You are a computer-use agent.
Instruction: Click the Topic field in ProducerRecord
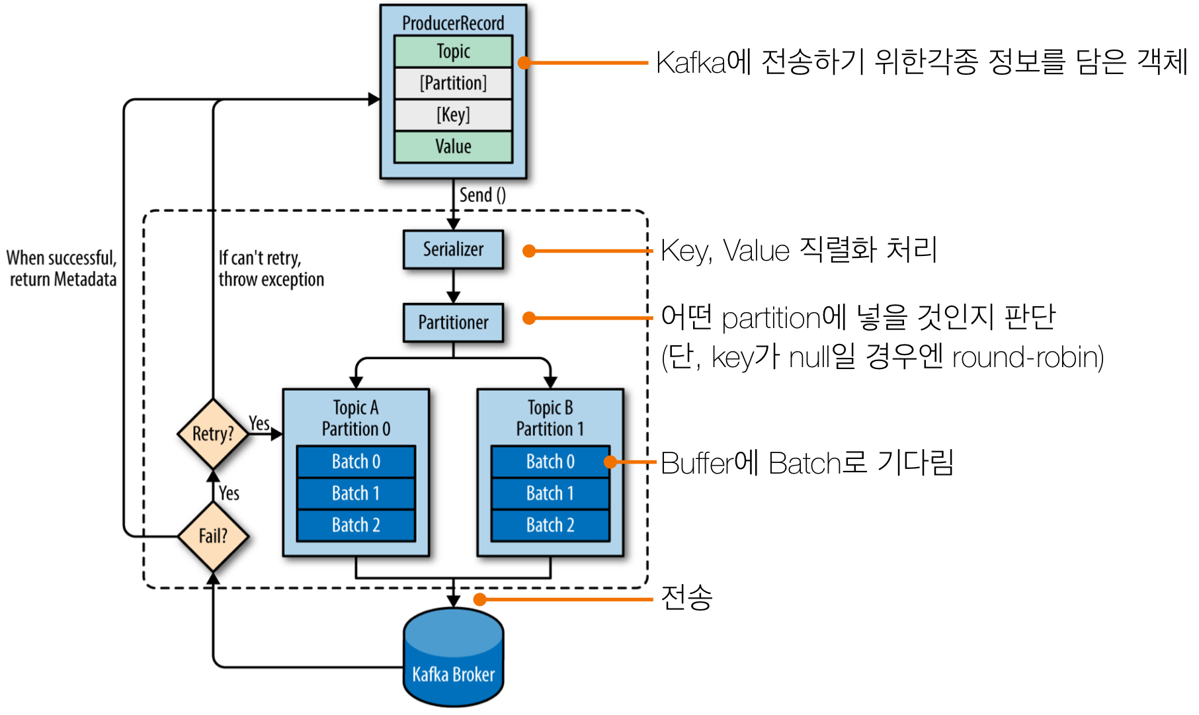tap(453, 52)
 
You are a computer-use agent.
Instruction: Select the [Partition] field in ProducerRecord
tap(453, 83)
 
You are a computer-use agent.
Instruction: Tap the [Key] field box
tap(453, 115)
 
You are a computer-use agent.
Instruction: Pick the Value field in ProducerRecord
tap(453, 147)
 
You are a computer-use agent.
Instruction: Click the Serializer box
tap(453, 249)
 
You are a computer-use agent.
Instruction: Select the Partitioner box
tap(453, 323)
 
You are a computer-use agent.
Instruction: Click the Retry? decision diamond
tap(213, 434)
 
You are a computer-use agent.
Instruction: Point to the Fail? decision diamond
tap(213, 536)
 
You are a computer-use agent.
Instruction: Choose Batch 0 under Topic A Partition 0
tap(356, 462)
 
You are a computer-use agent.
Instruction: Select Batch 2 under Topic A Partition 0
tap(356, 525)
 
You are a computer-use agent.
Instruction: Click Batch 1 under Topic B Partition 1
tap(550, 493)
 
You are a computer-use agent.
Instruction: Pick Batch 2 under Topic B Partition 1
tap(550, 525)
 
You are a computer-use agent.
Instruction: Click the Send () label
tap(482, 195)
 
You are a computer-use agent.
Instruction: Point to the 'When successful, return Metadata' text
tap(62, 269)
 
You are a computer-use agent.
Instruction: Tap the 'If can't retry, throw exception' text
tap(270, 269)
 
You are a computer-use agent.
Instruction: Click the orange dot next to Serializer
tap(529, 251)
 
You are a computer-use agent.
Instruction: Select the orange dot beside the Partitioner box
tap(529, 318)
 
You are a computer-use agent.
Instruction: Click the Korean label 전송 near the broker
tap(686, 597)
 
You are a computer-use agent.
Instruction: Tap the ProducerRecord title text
tap(453, 23)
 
